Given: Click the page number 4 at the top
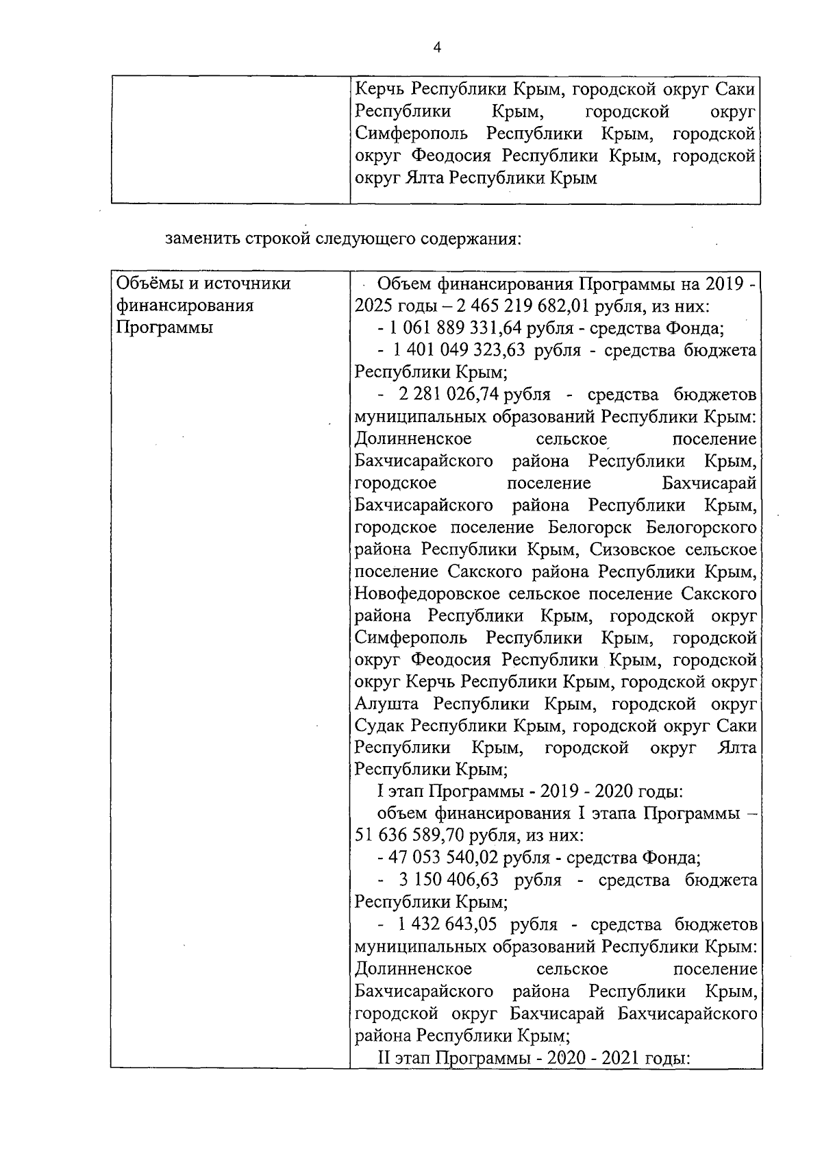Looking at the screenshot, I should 438,47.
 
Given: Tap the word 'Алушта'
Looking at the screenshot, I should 388,704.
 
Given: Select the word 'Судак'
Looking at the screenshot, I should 381,726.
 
